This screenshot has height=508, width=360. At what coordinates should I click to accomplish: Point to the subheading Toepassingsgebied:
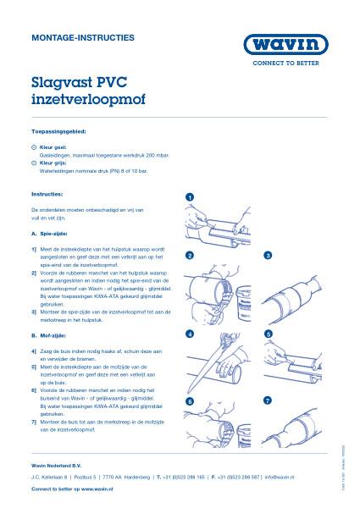(58, 132)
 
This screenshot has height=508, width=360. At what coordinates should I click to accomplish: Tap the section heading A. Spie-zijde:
(49, 231)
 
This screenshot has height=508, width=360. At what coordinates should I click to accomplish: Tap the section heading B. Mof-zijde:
(49, 336)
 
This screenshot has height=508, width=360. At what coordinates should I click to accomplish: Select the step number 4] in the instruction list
(33, 351)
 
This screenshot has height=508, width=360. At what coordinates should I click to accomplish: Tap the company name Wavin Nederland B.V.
(58, 465)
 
